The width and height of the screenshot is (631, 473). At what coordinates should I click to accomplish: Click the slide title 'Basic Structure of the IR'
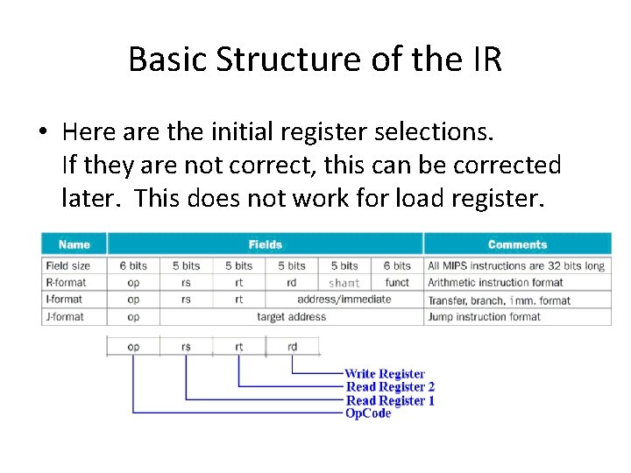[315, 59]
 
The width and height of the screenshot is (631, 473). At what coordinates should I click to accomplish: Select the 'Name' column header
[74, 244]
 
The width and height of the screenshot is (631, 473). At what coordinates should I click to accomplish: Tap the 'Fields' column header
[265, 244]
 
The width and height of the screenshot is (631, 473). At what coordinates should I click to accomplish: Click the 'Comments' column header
[517, 244]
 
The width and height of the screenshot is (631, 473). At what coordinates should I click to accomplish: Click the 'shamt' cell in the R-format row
[344, 283]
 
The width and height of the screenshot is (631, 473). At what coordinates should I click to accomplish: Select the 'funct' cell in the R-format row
[397, 282]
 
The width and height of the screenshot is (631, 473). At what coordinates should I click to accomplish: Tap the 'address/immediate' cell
[344, 299]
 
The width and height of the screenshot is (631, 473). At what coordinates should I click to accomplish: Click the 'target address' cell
[291, 316]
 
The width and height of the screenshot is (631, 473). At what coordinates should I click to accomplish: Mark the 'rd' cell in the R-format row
[291, 282]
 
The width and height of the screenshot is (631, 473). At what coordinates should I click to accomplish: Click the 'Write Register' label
[385, 374]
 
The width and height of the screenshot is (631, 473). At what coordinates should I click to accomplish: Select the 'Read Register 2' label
[390, 387]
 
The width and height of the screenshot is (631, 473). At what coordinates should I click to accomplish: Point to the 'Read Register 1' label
[390, 400]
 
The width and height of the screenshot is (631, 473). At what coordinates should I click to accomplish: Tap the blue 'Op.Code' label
[368, 413]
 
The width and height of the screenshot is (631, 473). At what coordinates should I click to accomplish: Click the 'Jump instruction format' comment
[484, 316]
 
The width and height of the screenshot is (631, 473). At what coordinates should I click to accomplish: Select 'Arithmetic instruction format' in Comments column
[496, 282]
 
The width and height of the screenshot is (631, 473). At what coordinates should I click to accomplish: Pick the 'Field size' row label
[68, 265]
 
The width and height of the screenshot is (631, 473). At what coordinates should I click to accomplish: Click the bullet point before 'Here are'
[42, 132]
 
